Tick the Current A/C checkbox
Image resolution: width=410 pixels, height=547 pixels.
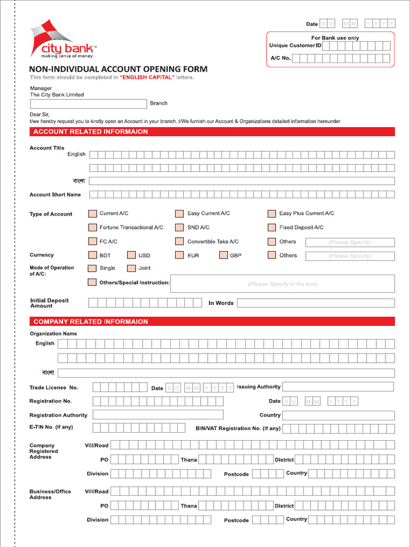[92, 214]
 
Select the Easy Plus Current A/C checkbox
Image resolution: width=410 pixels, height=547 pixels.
[272, 214]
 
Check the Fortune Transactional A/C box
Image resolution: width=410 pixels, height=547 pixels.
[92, 228]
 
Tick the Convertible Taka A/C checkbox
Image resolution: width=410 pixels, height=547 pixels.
[180, 241]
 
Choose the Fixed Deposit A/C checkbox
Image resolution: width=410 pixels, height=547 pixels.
[272, 228]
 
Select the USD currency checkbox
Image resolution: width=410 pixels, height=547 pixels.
[131, 255]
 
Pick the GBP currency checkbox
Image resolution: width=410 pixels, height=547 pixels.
[223, 255]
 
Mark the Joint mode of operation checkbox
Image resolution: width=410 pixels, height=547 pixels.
[131, 268]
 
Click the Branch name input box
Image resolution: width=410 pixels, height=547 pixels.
[88, 104]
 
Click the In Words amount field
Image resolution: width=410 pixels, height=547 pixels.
[316, 303]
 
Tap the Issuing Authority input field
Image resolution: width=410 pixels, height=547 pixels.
[337, 387]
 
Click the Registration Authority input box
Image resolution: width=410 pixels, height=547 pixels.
[157, 415]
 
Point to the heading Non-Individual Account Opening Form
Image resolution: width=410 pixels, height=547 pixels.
[118, 69]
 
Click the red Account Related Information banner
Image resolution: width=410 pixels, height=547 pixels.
[212, 131]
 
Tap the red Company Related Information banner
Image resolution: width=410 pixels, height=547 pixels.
[212, 322]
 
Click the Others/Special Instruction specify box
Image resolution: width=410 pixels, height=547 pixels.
[282, 284]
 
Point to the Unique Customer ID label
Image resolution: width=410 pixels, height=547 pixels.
[295, 46]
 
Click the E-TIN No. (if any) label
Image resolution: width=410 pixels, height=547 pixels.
[51, 427]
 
